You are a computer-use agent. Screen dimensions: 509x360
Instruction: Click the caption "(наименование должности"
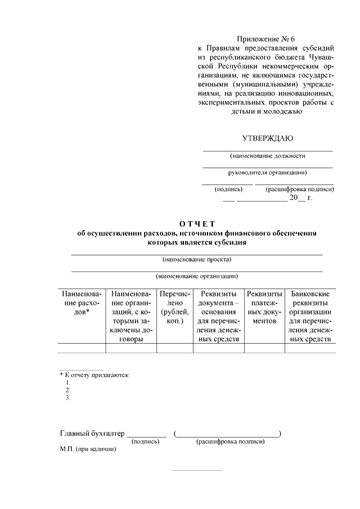click(267, 156)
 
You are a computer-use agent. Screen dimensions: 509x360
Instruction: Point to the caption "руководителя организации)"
click(267, 173)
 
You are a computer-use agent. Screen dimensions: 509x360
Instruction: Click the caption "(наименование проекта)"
click(197, 259)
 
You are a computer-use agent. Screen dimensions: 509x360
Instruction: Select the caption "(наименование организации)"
click(197, 276)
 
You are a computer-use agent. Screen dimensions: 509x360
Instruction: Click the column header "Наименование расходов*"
click(82, 303)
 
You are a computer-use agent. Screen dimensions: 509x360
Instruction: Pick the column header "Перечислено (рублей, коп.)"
click(175, 308)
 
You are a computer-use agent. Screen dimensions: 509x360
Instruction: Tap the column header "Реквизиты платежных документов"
click(264, 308)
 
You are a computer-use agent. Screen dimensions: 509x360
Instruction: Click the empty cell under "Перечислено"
click(175, 348)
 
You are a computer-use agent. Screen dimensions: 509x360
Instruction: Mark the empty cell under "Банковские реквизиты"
click(310, 348)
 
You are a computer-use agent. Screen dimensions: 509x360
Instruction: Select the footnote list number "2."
click(68, 390)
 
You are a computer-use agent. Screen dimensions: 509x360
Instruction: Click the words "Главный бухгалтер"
click(92, 434)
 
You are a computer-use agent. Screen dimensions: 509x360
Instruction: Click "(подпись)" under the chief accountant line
click(145, 442)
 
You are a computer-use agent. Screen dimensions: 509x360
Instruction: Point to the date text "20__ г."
click(300, 199)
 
